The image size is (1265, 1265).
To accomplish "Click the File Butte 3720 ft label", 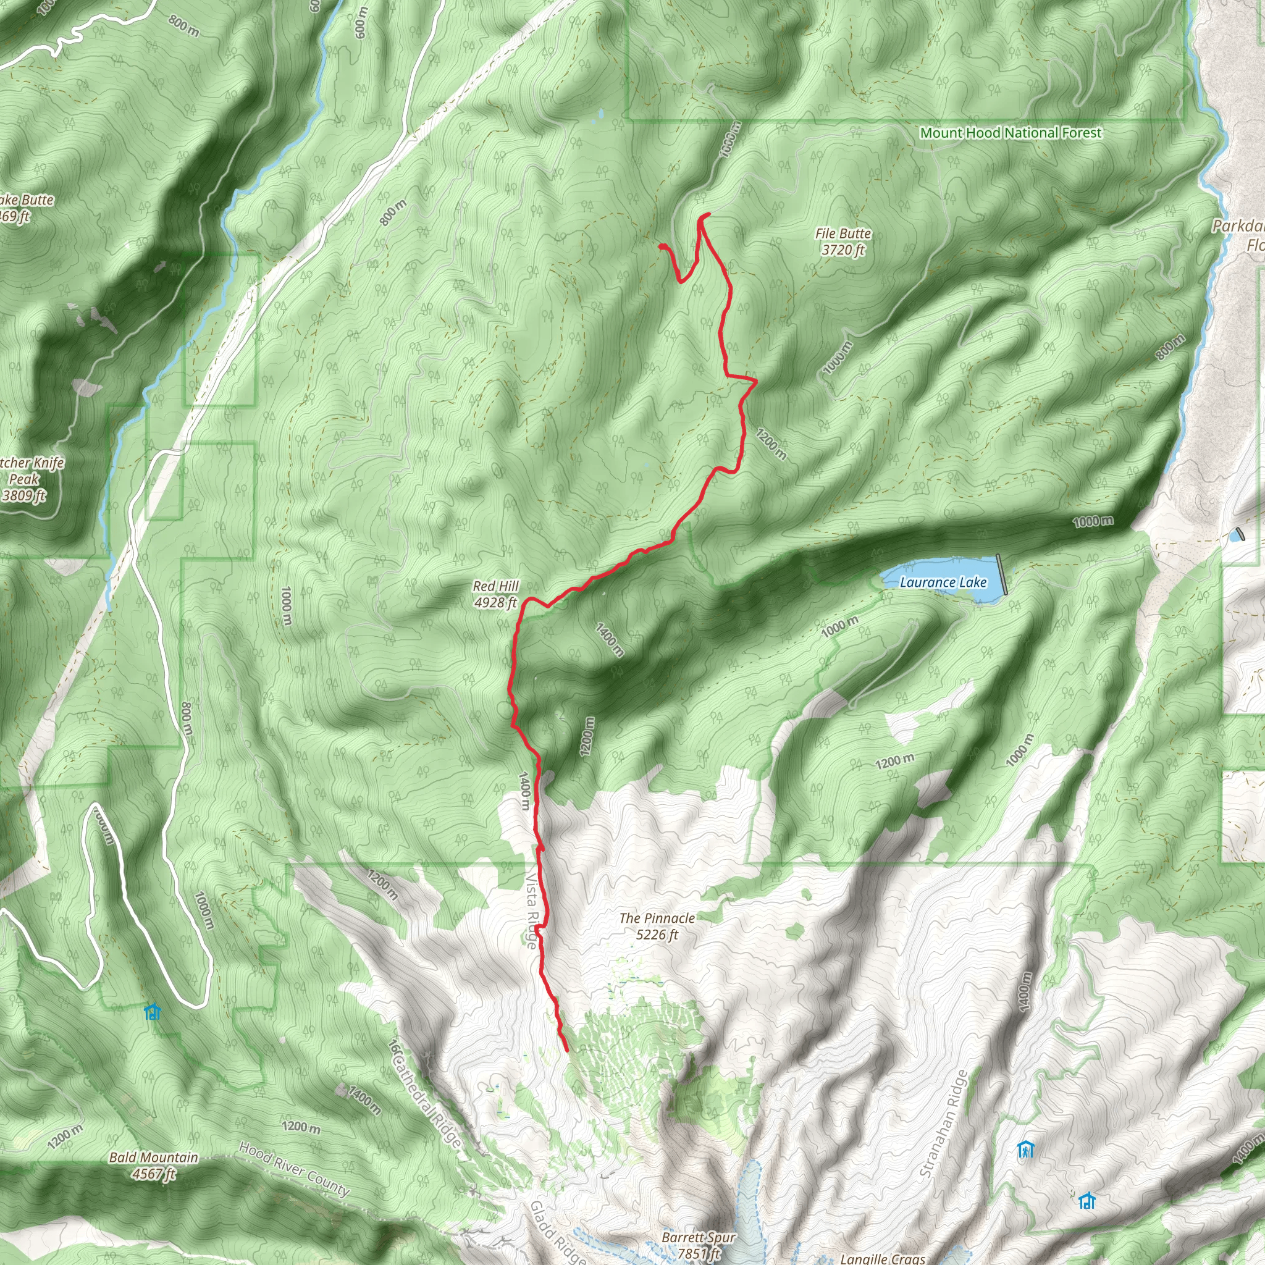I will tap(843, 242).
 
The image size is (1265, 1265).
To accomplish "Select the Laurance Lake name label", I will tap(943, 582).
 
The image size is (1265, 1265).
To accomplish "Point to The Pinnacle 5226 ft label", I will tap(657, 927).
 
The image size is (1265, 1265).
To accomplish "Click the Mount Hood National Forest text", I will tap(1011, 133).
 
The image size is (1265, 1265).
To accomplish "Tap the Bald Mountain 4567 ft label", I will tap(153, 1166).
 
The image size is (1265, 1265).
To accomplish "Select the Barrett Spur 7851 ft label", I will tap(699, 1245).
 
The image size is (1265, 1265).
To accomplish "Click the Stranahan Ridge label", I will tap(944, 1124).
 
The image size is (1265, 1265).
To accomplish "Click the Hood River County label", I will tap(294, 1169).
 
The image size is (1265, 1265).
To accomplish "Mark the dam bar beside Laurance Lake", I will tap(1002, 574).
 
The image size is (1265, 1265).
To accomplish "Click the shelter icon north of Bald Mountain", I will tap(153, 1012).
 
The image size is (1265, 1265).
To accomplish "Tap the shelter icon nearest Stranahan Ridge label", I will tap(1025, 1149).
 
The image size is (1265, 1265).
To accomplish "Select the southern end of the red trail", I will tap(566, 1050).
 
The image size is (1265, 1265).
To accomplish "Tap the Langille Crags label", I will tap(882, 1258).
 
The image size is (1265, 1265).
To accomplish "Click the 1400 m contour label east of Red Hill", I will tap(609, 640).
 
